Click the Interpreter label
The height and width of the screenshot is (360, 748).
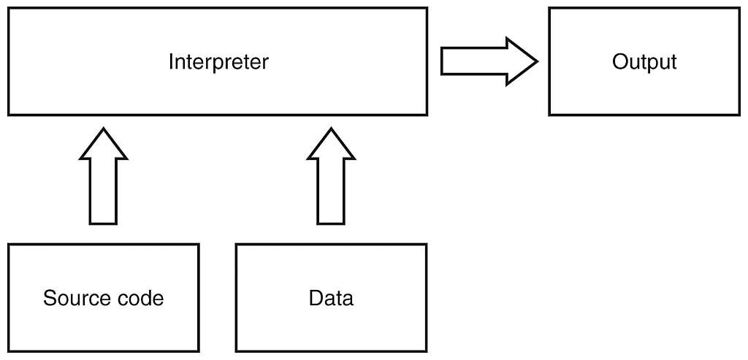pyautogui.click(x=218, y=62)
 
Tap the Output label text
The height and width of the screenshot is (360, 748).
pyautogui.click(x=644, y=62)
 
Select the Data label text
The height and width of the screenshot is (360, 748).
pyautogui.click(x=331, y=298)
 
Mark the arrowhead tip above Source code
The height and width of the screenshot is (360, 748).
pyautogui.click(x=103, y=130)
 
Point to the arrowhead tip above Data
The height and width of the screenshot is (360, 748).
pyautogui.click(x=331, y=130)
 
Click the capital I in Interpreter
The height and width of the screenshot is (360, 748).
pyautogui.click(x=171, y=62)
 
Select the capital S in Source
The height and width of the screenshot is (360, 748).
pyautogui.click(x=49, y=298)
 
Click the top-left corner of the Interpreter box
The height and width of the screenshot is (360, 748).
pyautogui.click(x=9, y=9)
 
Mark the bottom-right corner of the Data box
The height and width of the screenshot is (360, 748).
pyautogui.click(x=426, y=351)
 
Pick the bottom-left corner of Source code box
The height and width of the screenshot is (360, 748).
pyautogui.click(x=9, y=351)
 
